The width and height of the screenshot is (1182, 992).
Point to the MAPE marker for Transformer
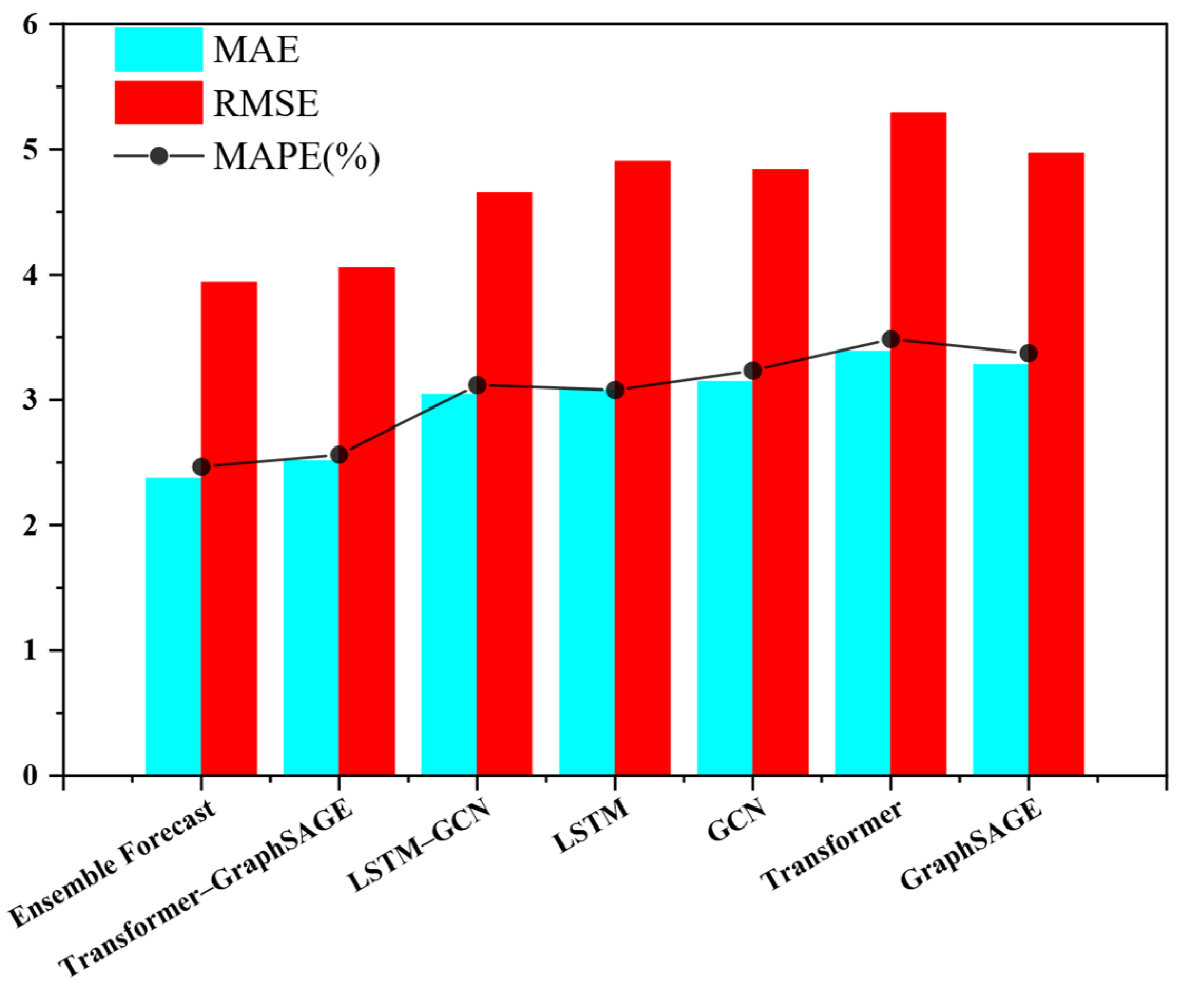890,339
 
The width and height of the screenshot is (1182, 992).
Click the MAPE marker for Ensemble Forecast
201,466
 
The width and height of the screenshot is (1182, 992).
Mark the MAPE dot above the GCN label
752,371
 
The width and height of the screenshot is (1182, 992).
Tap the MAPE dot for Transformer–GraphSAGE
339,455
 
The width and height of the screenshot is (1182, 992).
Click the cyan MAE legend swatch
159,50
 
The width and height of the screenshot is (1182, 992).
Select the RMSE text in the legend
266,103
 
